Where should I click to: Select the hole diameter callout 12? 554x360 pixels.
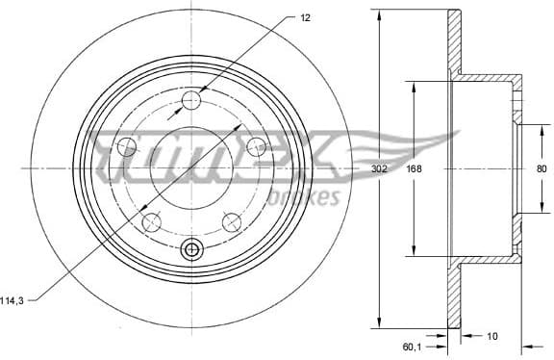(306, 18)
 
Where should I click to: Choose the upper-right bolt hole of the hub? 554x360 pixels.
(256, 146)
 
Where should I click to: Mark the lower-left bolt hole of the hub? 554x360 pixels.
(151, 222)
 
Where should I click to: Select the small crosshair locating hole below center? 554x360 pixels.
(191, 250)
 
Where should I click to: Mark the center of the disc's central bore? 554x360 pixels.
(191, 168)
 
